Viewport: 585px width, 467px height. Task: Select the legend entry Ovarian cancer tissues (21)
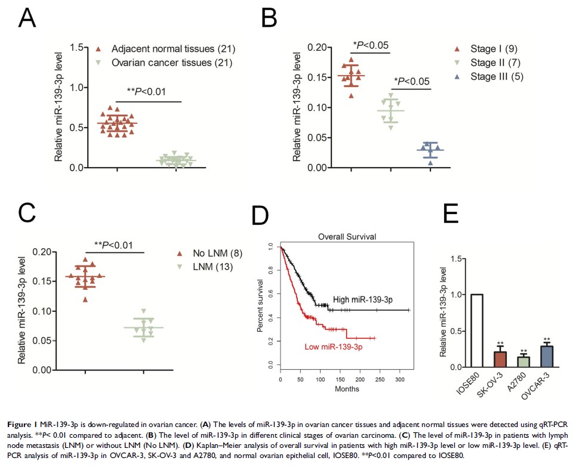click(x=164, y=62)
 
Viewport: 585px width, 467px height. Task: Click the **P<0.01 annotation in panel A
click(x=146, y=91)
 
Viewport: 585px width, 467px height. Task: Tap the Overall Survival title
click(x=346, y=237)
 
